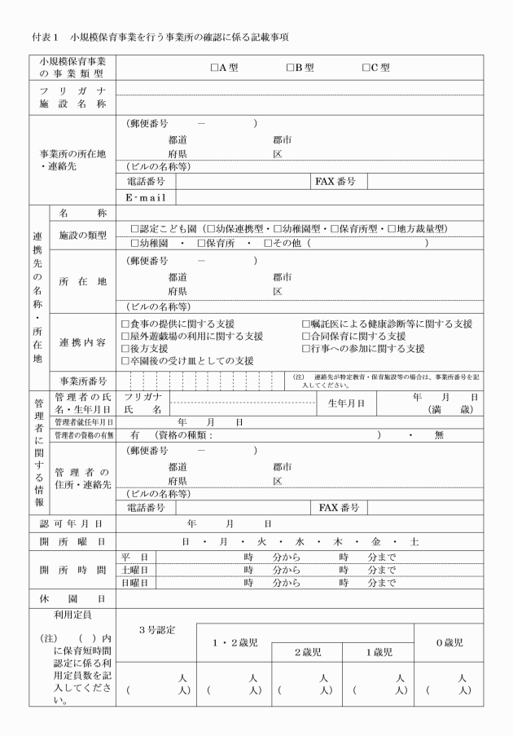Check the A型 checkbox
pos(214,68)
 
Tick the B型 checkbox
pos(290,68)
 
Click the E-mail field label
pos(146,197)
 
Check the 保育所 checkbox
pos(201,243)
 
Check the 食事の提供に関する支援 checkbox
pos(125,324)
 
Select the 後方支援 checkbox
pos(125,348)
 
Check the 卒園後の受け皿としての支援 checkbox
pos(125,360)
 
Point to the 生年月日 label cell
pos(346,403)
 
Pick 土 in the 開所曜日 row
pos(414,541)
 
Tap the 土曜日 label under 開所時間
pos(134,570)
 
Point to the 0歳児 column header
pos(448,642)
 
